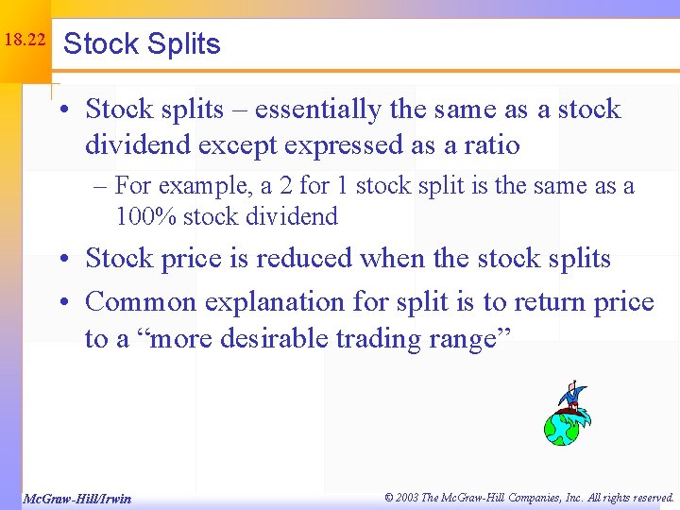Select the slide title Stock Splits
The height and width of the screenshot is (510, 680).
click(x=142, y=44)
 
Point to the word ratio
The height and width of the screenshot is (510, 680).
click(x=487, y=144)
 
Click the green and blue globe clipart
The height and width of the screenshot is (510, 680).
click(x=564, y=427)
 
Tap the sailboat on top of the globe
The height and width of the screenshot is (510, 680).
click(x=573, y=398)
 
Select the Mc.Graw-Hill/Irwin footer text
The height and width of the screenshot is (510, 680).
click(x=77, y=498)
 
